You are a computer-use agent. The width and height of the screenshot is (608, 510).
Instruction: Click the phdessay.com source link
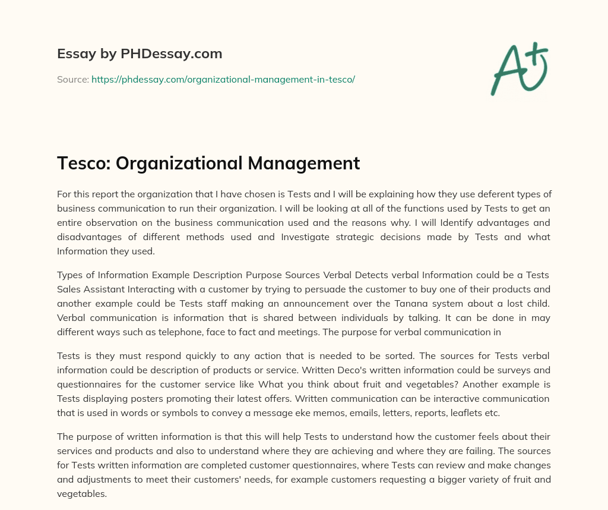[223, 79]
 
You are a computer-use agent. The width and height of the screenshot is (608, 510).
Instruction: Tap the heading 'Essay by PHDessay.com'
[140, 54]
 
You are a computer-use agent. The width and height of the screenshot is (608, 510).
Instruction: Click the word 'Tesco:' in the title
[81, 163]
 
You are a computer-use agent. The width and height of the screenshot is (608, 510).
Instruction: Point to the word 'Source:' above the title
[72, 79]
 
